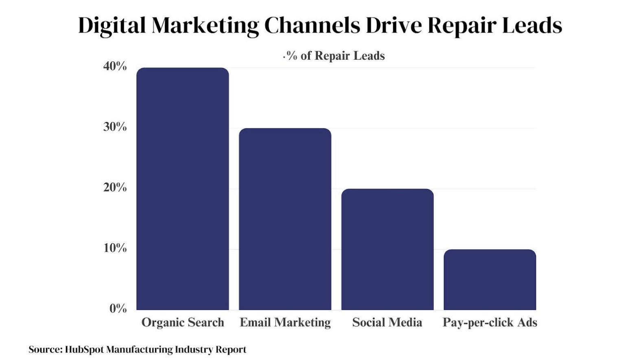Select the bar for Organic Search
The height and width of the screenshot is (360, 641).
tap(183, 189)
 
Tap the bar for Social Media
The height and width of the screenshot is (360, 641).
tap(387, 249)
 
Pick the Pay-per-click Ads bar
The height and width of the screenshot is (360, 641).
tap(490, 279)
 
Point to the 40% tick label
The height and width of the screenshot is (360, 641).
tap(115, 66)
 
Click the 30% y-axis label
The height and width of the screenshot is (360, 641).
tap(115, 127)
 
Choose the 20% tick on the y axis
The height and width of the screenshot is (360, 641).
tap(115, 188)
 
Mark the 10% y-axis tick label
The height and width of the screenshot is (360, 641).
tap(115, 248)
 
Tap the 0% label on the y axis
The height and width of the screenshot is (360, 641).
tap(118, 309)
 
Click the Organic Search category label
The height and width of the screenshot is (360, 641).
tap(183, 323)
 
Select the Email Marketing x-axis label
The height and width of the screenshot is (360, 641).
tap(285, 323)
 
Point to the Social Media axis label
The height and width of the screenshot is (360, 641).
tap(387, 323)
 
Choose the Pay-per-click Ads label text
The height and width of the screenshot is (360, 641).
tap(490, 323)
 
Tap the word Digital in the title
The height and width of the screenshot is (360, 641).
tap(112, 25)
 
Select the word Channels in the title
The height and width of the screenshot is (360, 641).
tap(312, 25)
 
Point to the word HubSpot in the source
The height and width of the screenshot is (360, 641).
tap(84, 349)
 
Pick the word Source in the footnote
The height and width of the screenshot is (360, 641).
tap(44, 349)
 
